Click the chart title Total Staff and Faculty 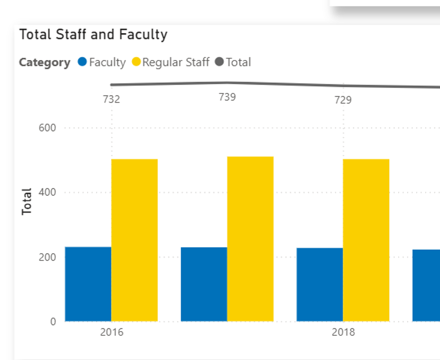pos(93,34)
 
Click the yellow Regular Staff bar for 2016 pos(135,240)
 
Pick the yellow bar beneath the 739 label pos(250,239)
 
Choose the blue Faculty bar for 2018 pos(319,284)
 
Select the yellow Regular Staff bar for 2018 pos(366,240)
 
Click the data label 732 pos(111,99)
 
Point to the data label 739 pos(227,97)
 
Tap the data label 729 pos(343,100)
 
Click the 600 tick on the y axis pos(47,128)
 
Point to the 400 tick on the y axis pos(47,192)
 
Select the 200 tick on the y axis pos(47,257)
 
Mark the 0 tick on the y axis pos(53,321)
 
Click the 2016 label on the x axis pos(112,332)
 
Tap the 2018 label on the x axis pos(343,332)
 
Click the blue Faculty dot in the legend pos(82,62)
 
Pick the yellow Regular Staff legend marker pos(136,62)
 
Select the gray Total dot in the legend pos(220,62)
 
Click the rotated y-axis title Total pos(27,201)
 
